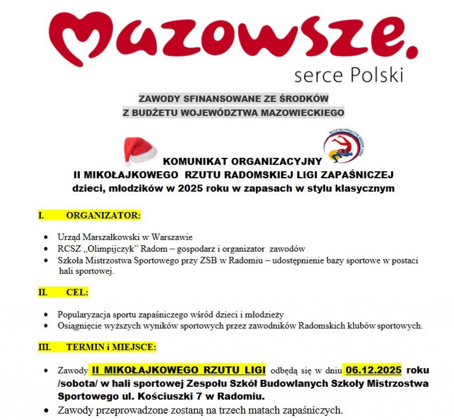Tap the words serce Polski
point(348,74)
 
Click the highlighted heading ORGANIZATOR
point(103,216)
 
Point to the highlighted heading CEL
point(77,293)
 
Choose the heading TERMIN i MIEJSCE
point(111,347)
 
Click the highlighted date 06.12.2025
point(374,370)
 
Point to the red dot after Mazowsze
point(411,54)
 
